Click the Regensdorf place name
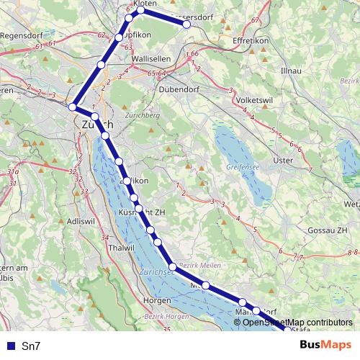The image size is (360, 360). pos(19,36)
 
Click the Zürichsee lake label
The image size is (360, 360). pos(158,273)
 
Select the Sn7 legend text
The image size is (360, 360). pos(31,346)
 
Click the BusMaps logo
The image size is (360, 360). pos(325,345)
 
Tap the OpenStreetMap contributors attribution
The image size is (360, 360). pos(297,322)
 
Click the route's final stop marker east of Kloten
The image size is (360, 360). pos(186,24)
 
